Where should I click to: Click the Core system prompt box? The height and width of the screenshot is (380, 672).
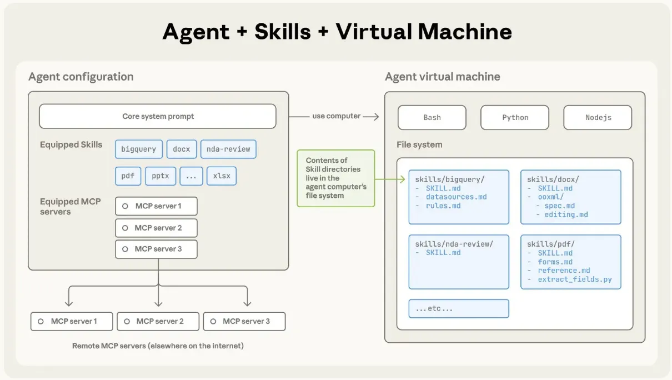[x=158, y=117]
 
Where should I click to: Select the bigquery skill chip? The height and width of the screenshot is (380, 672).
[x=139, y=149]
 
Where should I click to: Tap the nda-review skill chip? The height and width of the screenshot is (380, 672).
[x=228, y=149]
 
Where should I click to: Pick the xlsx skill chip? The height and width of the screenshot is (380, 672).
[x=222, y=176]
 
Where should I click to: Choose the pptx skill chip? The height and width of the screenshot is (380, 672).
[x=161, y=176]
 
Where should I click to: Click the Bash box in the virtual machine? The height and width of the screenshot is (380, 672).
[x=432, y=118]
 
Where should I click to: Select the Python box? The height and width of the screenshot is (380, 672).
[x=515, y=118]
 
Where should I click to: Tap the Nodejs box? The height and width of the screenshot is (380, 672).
[x=598, y=118]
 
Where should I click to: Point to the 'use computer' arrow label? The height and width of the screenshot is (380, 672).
[x=337, y=116]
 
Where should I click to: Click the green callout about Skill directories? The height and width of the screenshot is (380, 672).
[x=336, y=178]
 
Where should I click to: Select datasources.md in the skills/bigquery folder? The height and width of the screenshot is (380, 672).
[x=456, y=197]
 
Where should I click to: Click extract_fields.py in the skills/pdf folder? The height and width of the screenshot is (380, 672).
[x=575, y=279]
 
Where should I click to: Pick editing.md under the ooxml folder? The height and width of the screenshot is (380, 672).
[x=566, y=214]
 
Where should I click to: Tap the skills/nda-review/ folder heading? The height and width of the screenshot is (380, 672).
[x=454, y=244]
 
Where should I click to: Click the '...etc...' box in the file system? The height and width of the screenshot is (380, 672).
[x=459, y=308]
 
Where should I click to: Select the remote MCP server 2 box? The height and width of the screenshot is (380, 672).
[x=158, y=321]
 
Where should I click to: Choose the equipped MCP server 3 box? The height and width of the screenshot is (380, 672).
[x=156, y=249]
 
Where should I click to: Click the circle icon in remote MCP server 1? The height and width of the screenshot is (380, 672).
[x=41, y=321]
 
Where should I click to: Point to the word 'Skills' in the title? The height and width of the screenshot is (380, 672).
[x=283, y=32]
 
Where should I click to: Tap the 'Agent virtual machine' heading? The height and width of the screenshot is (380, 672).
[x=443, y=77]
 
